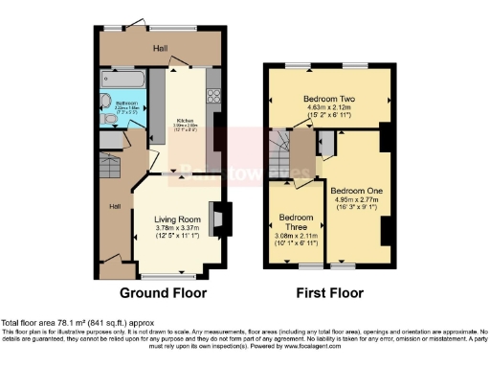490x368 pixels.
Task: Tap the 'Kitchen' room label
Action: click(186, 119)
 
